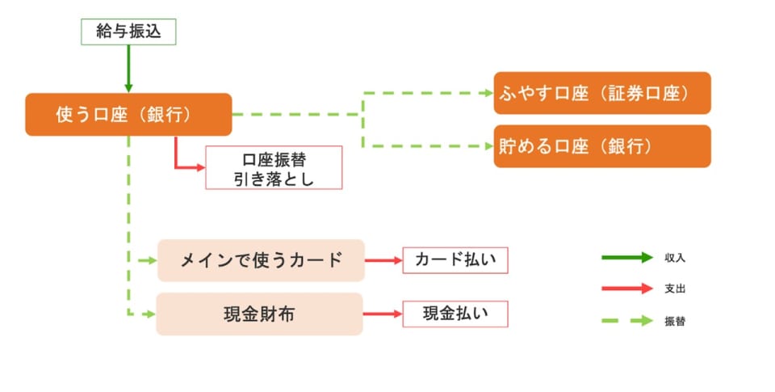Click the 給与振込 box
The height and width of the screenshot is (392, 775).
128,32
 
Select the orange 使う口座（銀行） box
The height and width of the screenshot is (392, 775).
128,115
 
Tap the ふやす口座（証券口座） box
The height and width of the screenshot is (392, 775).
601,93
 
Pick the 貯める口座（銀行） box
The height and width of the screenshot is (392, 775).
601,146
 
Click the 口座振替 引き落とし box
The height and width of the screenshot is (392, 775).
274,167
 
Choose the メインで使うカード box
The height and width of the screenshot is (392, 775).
261,260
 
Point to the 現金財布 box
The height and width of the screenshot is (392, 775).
259,314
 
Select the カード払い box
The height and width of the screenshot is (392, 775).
455,260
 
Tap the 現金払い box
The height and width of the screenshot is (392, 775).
455,314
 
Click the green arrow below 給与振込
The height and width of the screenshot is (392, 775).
128,69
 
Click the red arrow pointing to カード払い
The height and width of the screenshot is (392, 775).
383,260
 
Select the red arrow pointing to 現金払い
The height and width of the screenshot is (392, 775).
383,314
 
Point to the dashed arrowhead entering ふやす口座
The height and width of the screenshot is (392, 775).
488,93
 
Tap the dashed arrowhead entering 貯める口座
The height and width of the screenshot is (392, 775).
488,146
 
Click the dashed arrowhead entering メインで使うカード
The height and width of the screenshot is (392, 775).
150,260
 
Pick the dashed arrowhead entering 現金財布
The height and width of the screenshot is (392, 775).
149,314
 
